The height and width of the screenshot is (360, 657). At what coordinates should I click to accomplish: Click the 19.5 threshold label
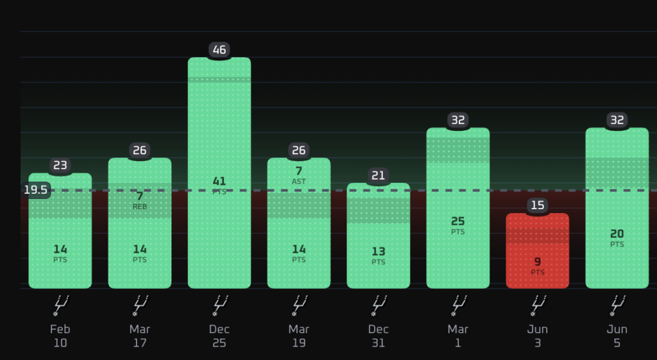pos(36,191)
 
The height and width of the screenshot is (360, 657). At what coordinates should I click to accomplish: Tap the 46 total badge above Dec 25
pos(219,50)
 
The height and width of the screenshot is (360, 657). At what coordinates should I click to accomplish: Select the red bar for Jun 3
pos(538,251)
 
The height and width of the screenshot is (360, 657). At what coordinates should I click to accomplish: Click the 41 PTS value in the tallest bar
pos(219,185)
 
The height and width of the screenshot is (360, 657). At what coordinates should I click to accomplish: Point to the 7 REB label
pos(139,200)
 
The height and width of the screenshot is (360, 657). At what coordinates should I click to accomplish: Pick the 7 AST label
pos(299,175)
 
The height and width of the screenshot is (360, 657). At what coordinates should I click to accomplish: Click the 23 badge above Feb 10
pos(60,166)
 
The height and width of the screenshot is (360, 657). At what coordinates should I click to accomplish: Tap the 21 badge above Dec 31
pos(379,176)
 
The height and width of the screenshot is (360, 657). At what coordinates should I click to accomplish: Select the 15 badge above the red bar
pos(538,205)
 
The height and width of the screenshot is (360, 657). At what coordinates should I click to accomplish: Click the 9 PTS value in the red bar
pos(538,266)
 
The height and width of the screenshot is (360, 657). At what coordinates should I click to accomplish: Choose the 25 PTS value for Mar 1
pos(458,225)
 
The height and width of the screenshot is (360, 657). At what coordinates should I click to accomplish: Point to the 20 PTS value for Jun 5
pos(617,238)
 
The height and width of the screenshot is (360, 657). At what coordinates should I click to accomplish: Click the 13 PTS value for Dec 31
pos(379,255)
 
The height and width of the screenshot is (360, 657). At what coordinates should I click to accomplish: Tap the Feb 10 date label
pos(60,336)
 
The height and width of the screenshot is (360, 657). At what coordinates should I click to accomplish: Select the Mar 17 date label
pos(139,336)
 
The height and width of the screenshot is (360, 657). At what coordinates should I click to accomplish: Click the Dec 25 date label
pos(219,336)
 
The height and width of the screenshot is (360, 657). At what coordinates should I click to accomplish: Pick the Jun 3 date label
pos(538,336)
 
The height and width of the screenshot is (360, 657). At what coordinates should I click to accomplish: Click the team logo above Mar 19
pos(299,305)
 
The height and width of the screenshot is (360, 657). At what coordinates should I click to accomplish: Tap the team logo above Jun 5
pos(617,305)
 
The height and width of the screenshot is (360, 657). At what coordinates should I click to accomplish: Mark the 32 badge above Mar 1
pos(458,120)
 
